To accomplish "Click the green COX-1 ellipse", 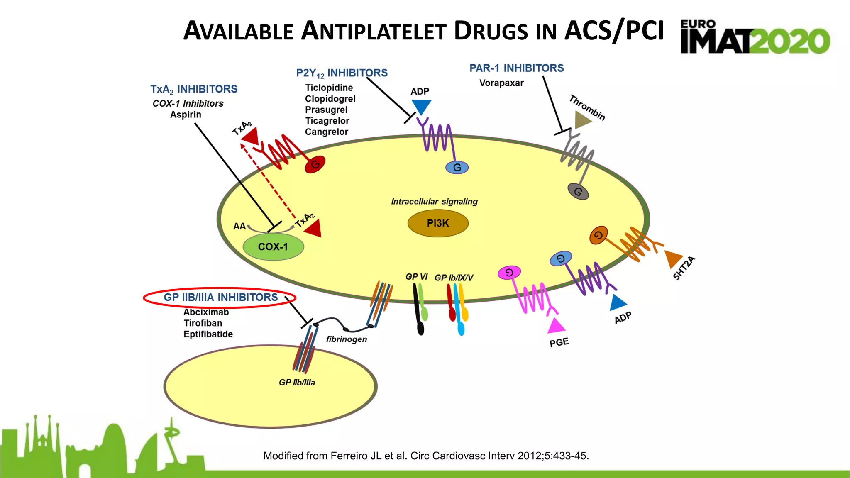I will click(x=273, y=247).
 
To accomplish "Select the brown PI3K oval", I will click(x=438, y=223).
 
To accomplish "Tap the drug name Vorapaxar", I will click(x=501, y=83).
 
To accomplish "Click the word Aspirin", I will click(x=186, y=115).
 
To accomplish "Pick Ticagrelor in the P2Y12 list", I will click(x=327, y=121).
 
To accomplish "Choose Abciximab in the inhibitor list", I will click(x=206, y=312).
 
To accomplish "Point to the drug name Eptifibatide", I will click(x=208, y=334).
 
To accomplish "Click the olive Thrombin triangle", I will click(x=582, y=120).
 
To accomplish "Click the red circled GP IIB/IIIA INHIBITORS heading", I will click(x=220, y=298).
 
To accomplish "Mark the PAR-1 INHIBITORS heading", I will click(x=516, y=68).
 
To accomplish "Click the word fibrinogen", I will click(x=347, y=339).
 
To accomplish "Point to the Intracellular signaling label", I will click(x=434, y=202).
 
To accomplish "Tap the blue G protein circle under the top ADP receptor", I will click(x=457, y=168).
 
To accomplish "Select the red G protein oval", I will click(x=315, y=165).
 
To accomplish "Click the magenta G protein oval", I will click(x=509, y=273).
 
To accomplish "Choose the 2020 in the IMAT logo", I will click(x=791, y=41).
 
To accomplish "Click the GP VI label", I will click(x=416, y=277).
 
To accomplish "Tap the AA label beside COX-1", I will click(x=239, y=227).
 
